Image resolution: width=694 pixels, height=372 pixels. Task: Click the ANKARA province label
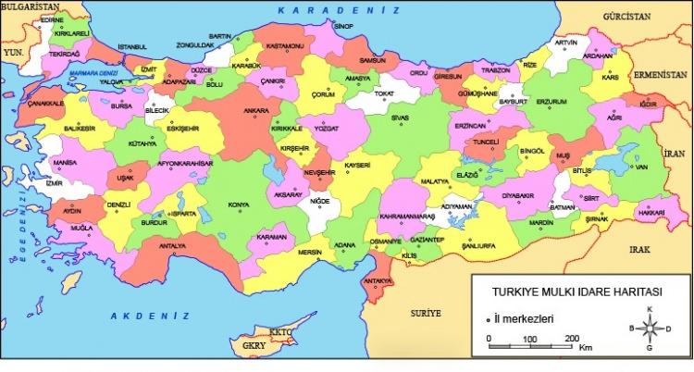pos(229,111)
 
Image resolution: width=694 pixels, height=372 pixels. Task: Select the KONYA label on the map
pos(239,205)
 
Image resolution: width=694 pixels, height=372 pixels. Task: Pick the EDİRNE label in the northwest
pos(53,19)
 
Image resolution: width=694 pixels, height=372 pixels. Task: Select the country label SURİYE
pos(426,314)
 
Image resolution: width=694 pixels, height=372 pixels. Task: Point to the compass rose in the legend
pos(651,328)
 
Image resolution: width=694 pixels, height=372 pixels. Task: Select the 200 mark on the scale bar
pos(572,337)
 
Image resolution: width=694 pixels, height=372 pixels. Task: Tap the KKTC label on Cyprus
pos(279,331)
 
